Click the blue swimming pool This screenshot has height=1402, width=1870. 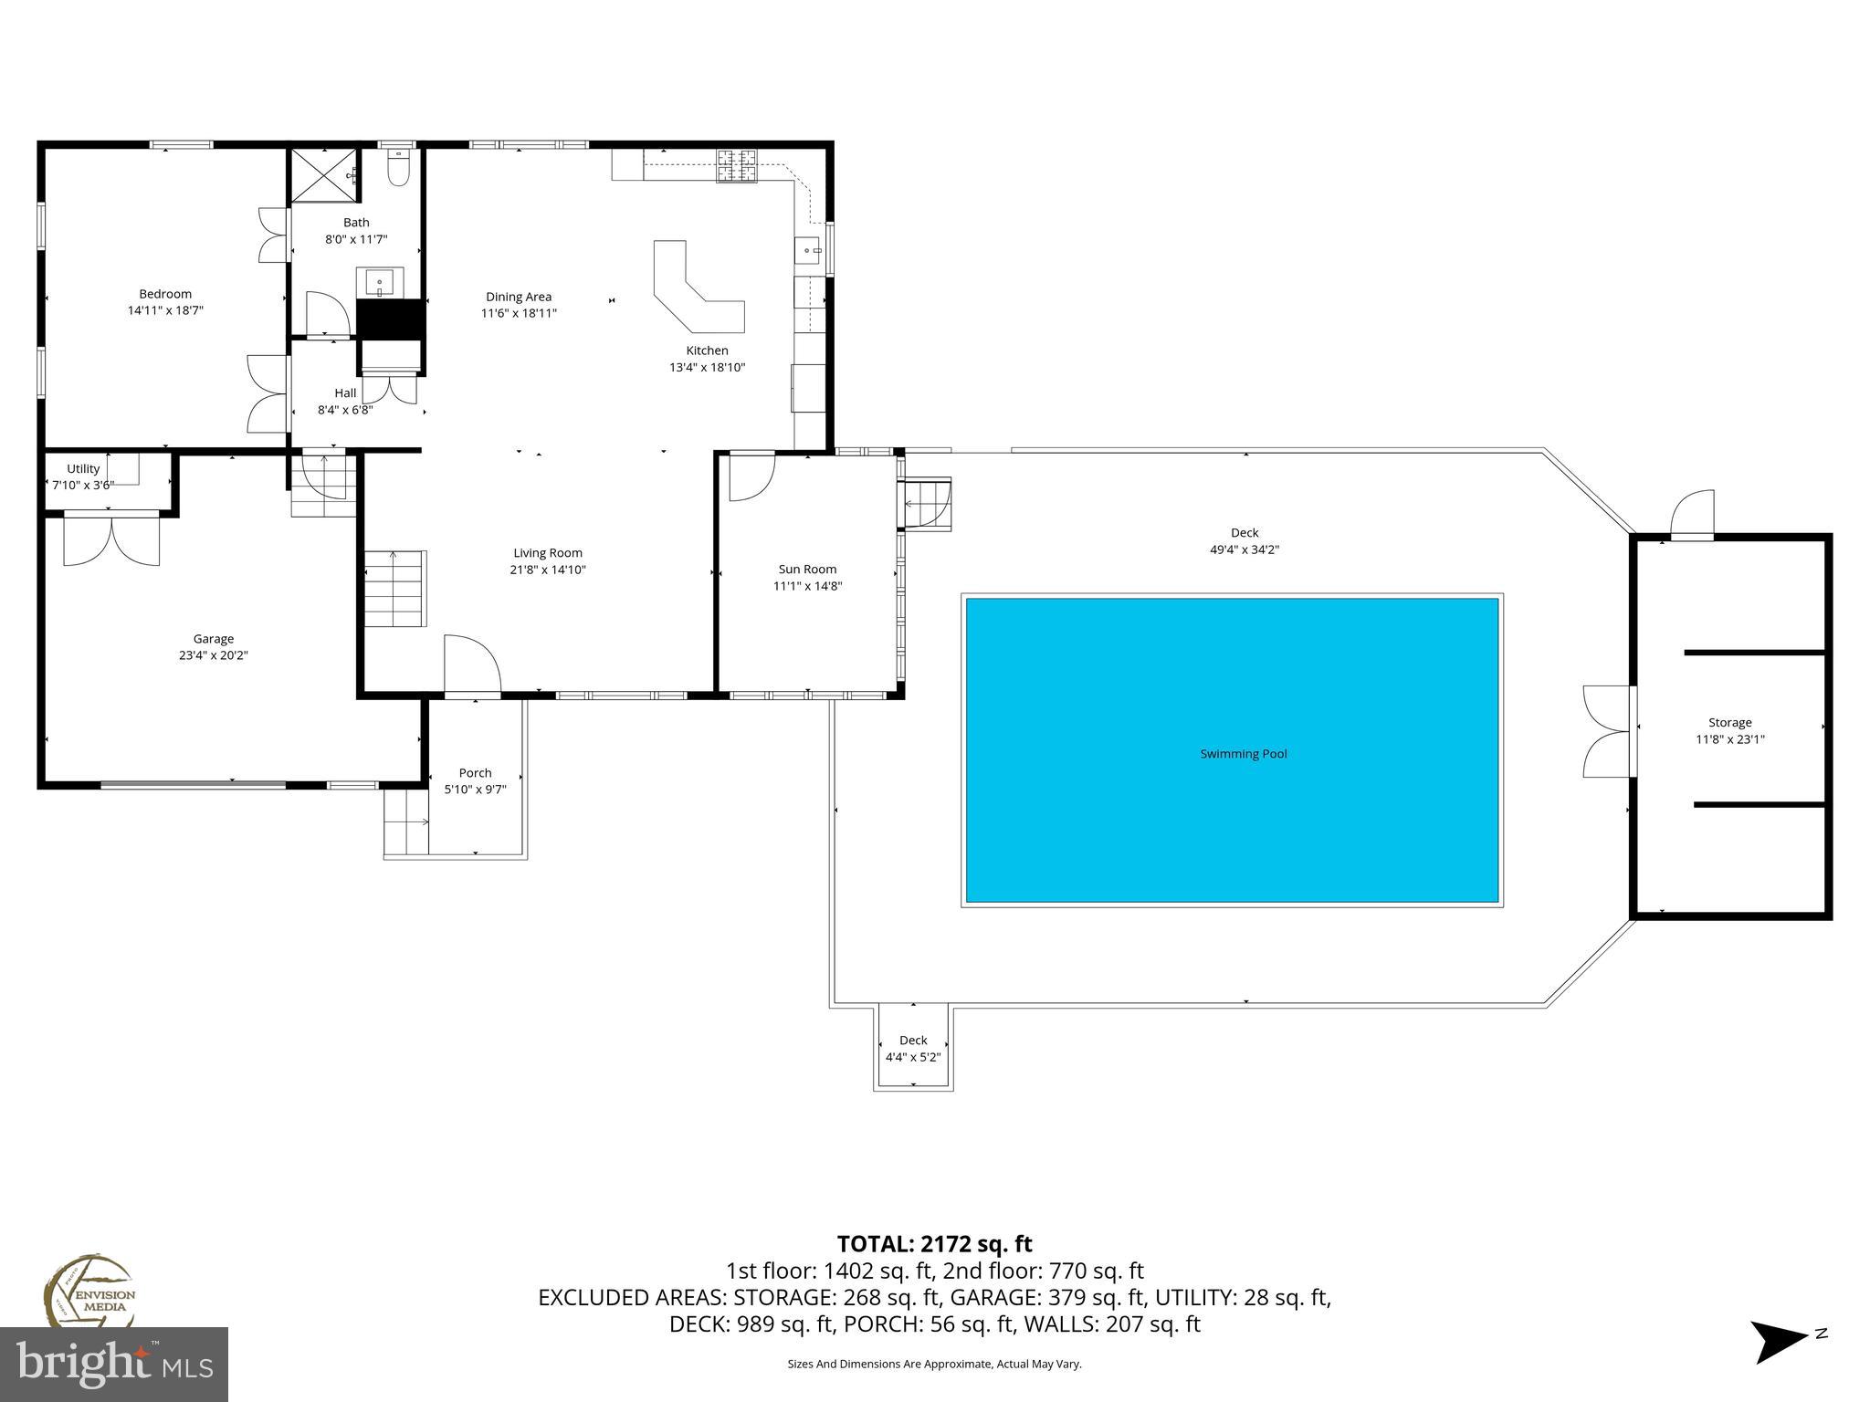click(1232, 750)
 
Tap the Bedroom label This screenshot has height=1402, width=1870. click(165, 294)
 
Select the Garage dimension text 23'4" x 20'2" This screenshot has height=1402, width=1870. click(213, 655)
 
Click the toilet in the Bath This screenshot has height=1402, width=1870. click(398, 170)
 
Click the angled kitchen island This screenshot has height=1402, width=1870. click(695, 291)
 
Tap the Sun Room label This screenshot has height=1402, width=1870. click(807, 570)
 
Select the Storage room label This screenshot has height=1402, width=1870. click(1729, 723)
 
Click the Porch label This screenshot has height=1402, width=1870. click(475, 773)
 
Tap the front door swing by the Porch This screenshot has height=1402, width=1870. click(472, 664)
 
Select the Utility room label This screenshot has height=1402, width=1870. click(83, 469)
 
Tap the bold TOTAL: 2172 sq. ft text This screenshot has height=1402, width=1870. click(934, 1244)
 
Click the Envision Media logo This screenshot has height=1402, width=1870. click(89, 1292)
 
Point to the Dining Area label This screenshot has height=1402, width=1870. click(518, 297)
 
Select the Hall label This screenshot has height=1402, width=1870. click(345, 393)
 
